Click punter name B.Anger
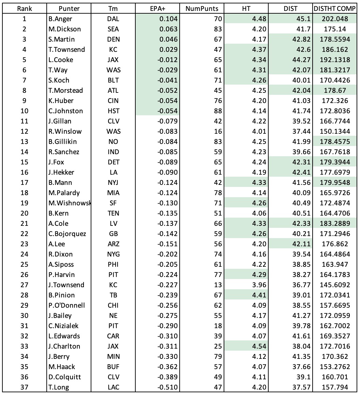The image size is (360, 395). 61,19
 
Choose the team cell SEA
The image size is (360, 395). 113,29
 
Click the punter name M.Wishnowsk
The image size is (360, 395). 70,203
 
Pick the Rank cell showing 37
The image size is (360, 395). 24,387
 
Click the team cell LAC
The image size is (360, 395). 113,387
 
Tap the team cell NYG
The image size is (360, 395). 113,254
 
